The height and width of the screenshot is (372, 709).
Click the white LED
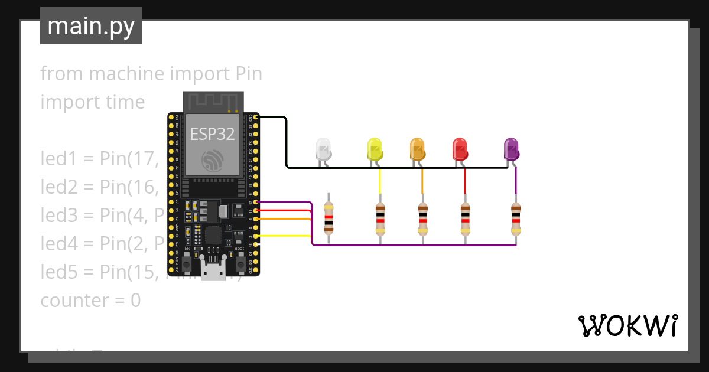[x=323, y=149]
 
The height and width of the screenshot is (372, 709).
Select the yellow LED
[x=375, y=149]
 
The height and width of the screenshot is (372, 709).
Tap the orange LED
[x=417, y=149]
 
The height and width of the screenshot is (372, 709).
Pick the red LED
[x=460, y=149]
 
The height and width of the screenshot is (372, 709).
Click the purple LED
[x=511, y=149]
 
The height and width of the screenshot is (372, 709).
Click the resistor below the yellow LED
[x=380, y=218]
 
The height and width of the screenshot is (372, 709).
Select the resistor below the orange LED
[x=422, y=218]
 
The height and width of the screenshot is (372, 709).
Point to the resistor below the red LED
[x=465, y=218]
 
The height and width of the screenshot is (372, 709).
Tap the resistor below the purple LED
[x=516, y=218]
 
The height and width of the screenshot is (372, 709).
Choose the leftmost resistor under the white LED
[x=329, y=218]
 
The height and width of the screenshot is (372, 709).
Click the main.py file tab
[x=91, y=26]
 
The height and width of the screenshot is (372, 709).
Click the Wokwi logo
[x=627, y=325]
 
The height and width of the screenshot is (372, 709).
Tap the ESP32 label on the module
[x=212, y=133]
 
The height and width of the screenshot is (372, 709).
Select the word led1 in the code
[x=58, y=159]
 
